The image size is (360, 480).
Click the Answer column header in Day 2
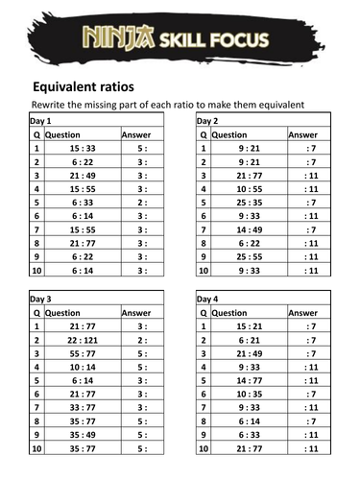(x=303, y=135)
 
